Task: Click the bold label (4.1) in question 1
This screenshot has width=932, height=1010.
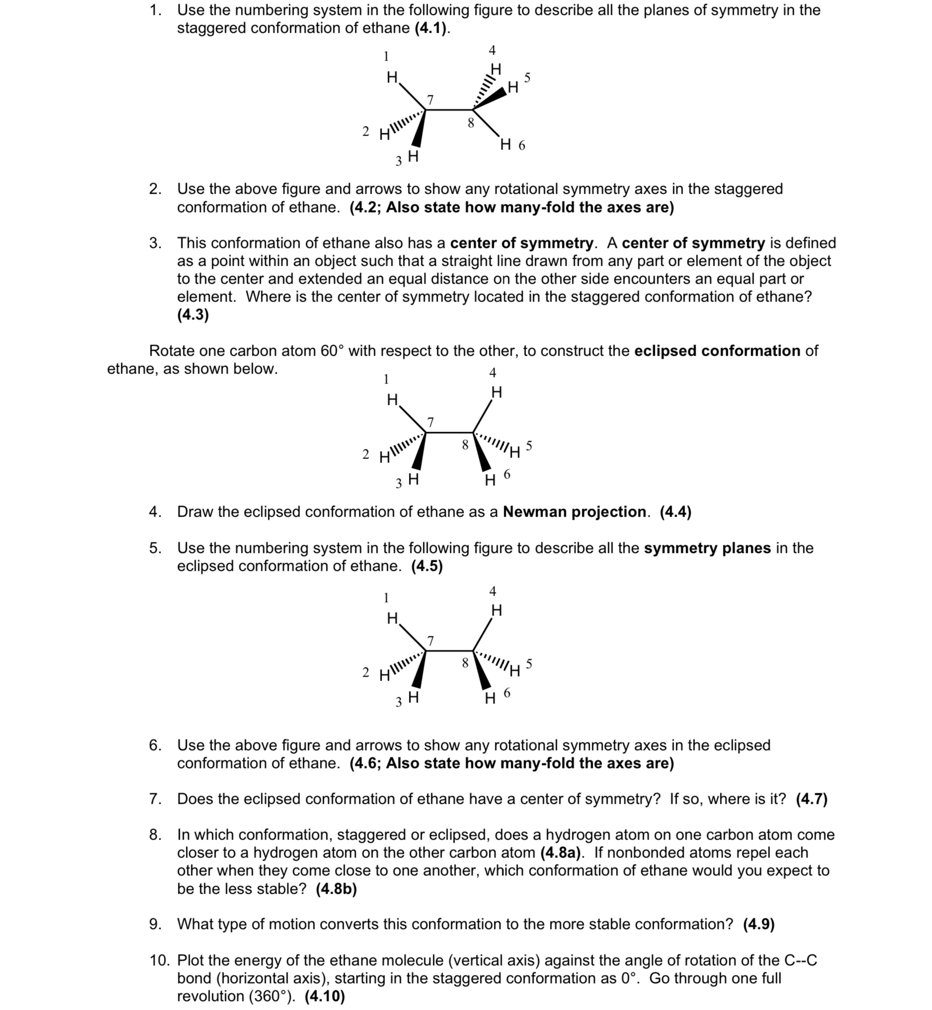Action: coord(431,29)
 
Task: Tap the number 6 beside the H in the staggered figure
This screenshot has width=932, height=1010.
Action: coord(522,146)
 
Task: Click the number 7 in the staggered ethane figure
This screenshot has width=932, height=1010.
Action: coord(430,99)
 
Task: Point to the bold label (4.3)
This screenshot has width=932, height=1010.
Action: coord(193,314)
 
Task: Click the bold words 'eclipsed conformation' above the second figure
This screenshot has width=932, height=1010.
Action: coord(717,350)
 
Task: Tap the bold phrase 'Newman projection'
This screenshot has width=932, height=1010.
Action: coord(574,512)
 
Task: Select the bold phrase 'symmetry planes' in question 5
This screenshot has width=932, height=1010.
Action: coord(707,547)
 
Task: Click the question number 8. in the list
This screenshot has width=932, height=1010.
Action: coord(155,835)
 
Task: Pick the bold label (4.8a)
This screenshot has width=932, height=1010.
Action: coord(560,853)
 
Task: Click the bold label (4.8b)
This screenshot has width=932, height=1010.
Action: coord(336,888)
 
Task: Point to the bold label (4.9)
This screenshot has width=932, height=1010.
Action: coord(759,924)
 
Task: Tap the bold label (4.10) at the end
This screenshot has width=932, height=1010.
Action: coord(325,996)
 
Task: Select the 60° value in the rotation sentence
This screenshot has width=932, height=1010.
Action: coord(332,350)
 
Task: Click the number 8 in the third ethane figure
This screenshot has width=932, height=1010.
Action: coord(465,663)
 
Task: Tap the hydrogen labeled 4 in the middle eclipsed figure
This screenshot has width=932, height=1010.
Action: coord(496,392)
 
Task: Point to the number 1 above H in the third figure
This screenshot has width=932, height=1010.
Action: coord(386,598)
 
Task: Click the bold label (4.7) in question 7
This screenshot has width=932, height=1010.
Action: coord(811,799)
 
